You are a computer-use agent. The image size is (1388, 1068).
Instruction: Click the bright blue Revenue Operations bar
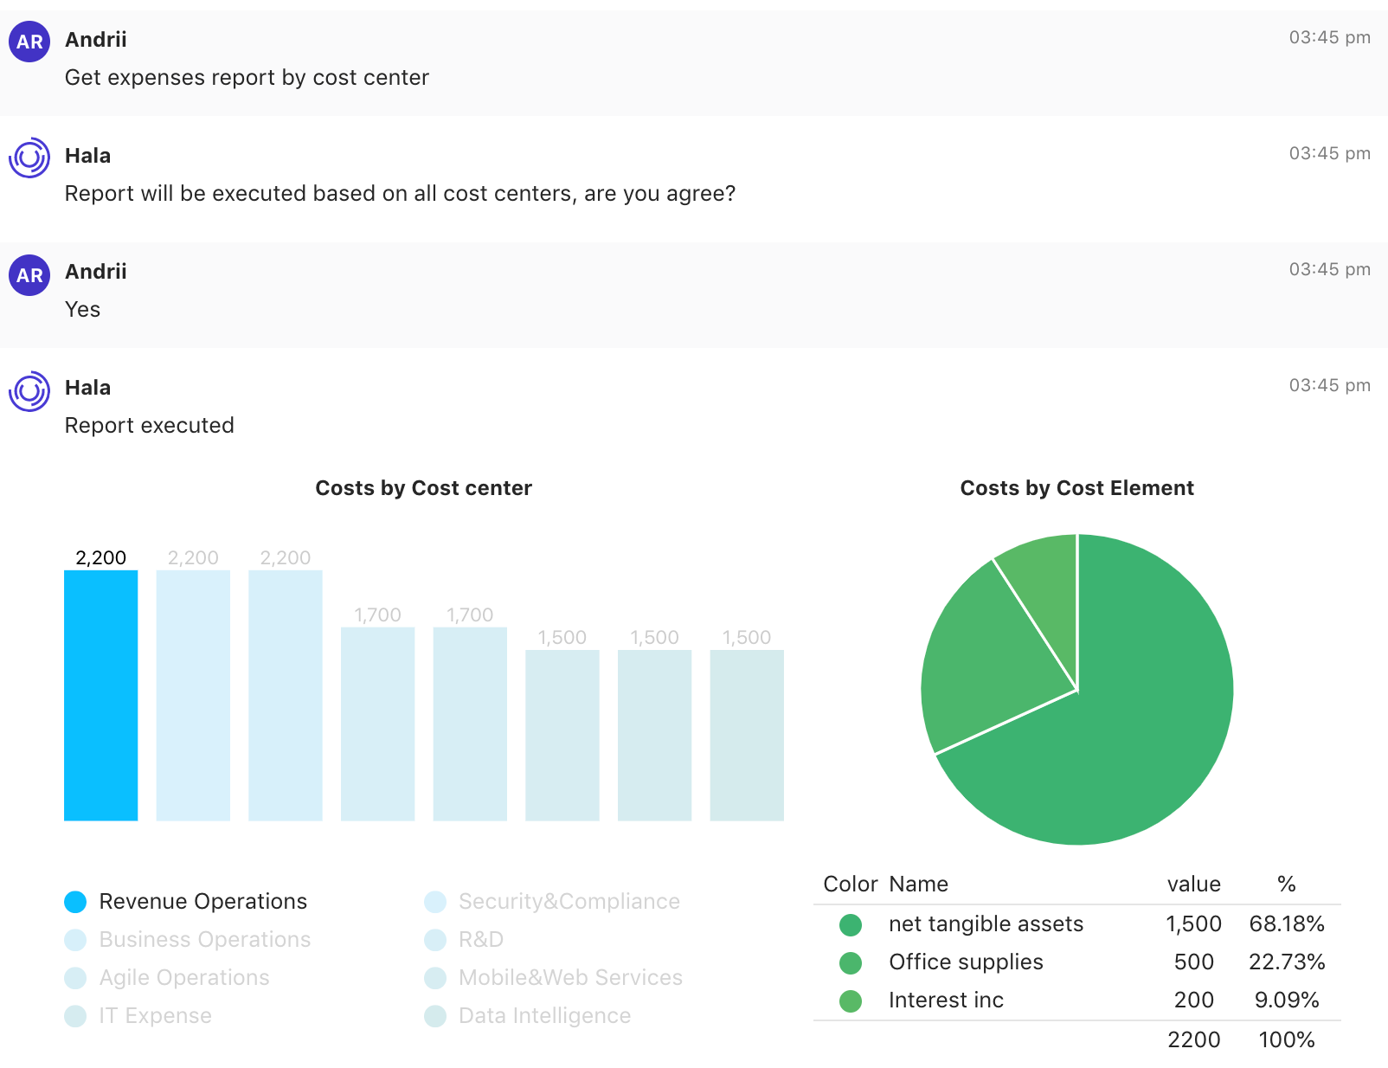coord(100,695)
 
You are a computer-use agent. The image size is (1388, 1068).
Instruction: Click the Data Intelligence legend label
coord(544,1016)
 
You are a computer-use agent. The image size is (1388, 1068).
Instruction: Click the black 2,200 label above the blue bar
coord(100,558)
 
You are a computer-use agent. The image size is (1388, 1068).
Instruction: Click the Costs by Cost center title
coord(423,488)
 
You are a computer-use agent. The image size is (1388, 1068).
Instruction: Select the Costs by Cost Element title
coord(1076,488)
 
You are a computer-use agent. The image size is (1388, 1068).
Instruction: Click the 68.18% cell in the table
coord(1287,924)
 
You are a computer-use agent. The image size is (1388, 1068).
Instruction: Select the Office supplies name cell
coord(966,962)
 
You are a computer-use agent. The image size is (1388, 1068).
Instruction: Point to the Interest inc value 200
coord(1193,1000)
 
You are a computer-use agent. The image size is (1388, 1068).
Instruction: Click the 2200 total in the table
coord(1193,1040)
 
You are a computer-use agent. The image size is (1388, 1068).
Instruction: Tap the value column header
coord(1193,885)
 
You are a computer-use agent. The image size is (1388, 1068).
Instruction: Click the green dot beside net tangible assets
coord(851,925)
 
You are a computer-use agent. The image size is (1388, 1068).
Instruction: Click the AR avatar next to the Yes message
coord(29,275)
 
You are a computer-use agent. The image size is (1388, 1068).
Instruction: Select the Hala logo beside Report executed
coord(29,391)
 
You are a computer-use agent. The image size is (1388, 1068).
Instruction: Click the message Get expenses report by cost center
coord(247,78)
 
